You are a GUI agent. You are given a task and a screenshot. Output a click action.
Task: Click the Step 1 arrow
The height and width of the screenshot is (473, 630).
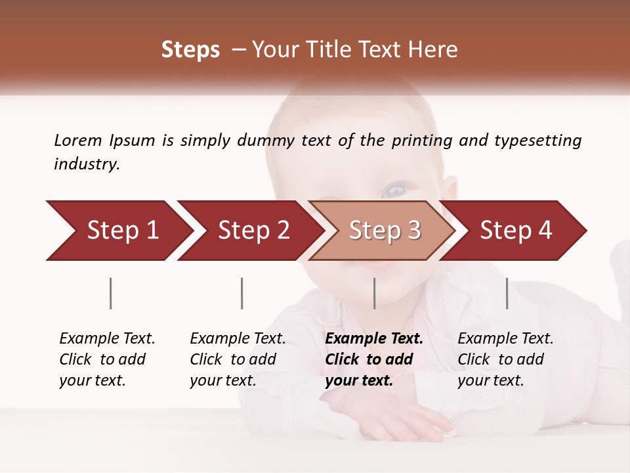tap(118, 231)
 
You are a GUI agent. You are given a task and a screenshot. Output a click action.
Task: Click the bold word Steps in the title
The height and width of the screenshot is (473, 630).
tap(190, 49)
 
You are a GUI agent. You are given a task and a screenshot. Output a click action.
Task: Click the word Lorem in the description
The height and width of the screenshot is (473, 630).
tap(78, 141)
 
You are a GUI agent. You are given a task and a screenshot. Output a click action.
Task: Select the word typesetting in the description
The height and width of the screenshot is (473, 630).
tap(538, 141)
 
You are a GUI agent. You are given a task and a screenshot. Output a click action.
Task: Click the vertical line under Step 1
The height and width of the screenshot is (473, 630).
tap(111, 293)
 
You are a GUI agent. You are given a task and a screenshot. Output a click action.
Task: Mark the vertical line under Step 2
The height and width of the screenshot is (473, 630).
tap(242, 293)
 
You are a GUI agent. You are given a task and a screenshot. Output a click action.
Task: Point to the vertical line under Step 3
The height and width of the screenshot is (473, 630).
tap(375, 293)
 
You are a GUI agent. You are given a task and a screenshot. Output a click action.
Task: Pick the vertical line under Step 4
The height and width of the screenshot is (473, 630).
tap(507, 293)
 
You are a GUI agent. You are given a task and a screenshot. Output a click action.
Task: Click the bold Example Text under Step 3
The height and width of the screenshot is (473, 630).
tap(374, 339)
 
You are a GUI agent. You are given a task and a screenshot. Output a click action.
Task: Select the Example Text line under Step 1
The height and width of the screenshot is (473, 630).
tap(107, 339)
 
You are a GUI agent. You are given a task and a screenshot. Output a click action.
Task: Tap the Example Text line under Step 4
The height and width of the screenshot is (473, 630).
tap(505, 339)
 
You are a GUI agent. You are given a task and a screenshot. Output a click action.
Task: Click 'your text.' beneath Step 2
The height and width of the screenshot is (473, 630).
tap(223, 380)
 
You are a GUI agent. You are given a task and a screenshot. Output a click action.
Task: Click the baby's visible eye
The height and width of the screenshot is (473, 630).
tap(395, 191)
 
